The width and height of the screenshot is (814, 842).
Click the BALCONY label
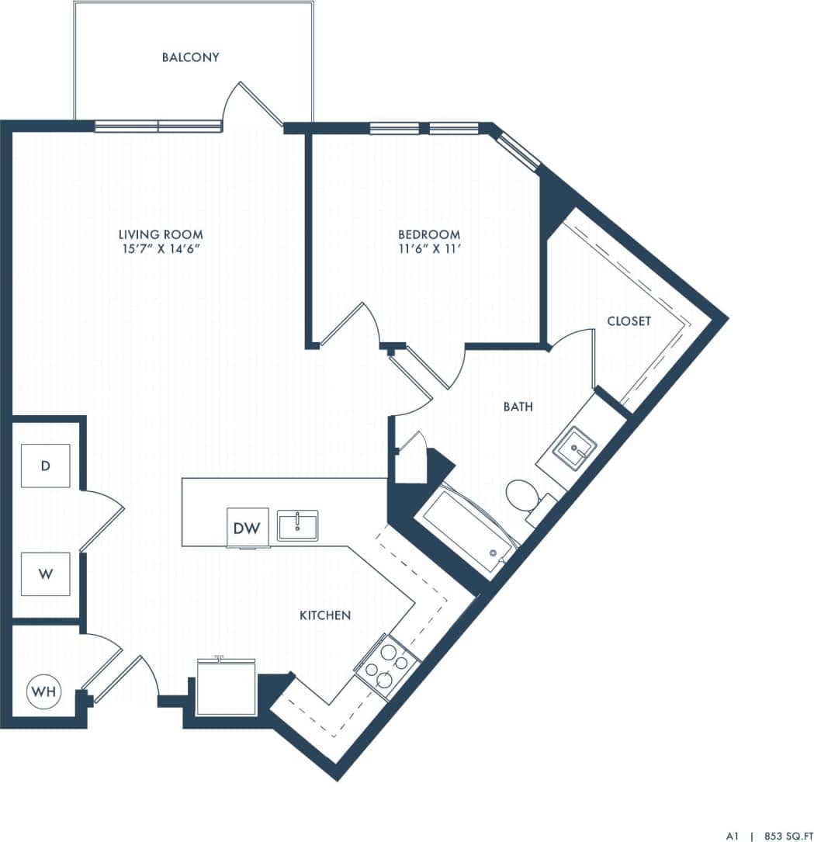pyautogui.click(x=190, y=57)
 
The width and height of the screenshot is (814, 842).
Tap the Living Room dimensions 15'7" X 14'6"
pyautogui.click(x=161, y=249)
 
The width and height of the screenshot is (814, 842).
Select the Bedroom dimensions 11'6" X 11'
pyautogui.click(x=428, y=249)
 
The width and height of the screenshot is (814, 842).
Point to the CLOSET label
pyautogui.click(x=629, y=321)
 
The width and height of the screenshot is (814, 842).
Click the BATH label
pyautogui.click(x=518, y=406)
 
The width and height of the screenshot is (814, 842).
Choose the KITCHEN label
pyautogui.click(x=325, y=615)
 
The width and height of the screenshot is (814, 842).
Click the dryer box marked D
pyautogui.click(x=45, y=466)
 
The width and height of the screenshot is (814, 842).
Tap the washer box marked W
pyautogui.click(x=45, y=574)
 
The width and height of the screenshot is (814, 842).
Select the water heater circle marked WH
pyautogui.click(x=43, y=693)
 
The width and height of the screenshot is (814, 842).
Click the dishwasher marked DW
pyautogui.click(x=247, y=528)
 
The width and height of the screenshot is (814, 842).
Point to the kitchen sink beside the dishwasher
pyautogui.click(x=297, y=526)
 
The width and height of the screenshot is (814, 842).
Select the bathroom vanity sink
pyautogui.click(x=575, y=448)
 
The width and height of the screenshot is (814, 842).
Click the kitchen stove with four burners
pyautogui.click(x=386, y=664)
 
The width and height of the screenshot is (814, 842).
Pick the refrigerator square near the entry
pyautogui.click(x=226, y=687)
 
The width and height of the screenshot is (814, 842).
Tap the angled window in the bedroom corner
pyautogui.click(x=518, y=151)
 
